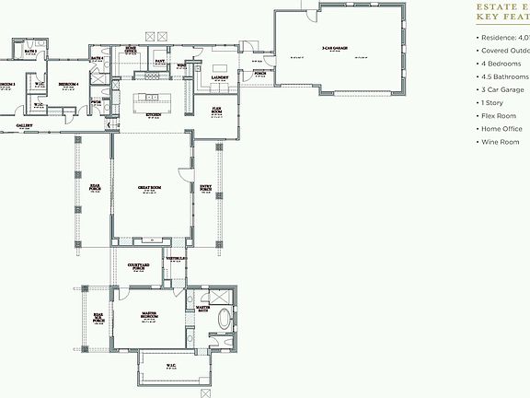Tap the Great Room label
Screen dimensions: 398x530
point(151,188)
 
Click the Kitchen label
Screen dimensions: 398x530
point(153,115)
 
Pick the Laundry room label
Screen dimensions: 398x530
point(220,79)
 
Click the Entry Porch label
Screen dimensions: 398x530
point(205,188)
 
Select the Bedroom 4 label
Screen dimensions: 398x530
point(68,84)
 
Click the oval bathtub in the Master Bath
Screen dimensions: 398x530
point(223,318)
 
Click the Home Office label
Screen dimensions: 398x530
point(132,50)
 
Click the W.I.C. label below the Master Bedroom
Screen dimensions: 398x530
point(171,366)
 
